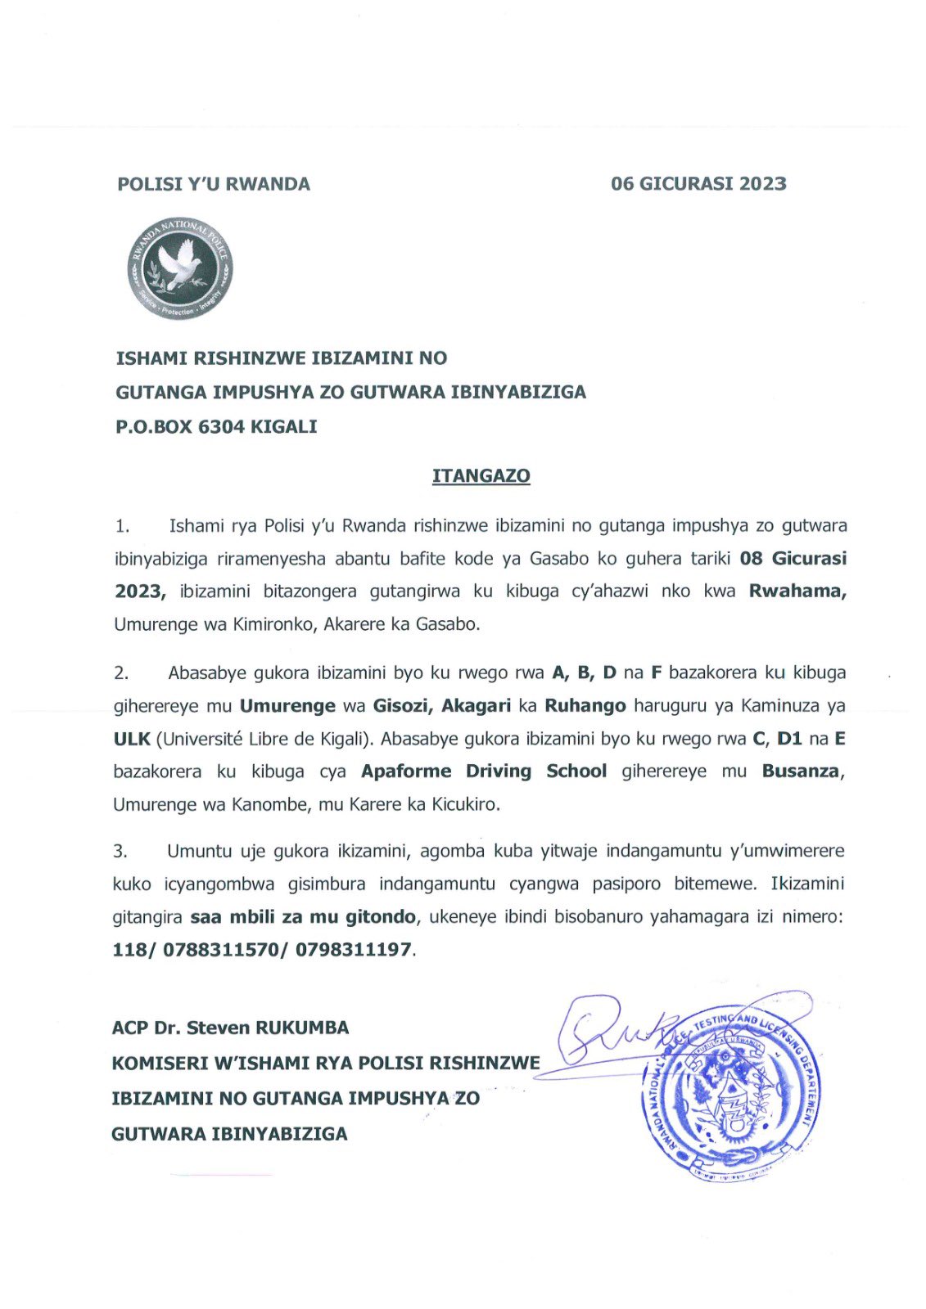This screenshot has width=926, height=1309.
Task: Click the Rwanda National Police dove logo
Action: coord(180,268)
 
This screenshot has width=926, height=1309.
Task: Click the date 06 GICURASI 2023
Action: coord(698,183)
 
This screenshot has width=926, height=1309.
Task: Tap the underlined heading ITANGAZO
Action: coord(481,476)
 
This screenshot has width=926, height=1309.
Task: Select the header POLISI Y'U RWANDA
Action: coord(214,184)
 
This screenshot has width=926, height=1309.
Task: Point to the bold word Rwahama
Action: coord(797,592)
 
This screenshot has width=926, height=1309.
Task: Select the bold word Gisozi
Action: coord(402,705)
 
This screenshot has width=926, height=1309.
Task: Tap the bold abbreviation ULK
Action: coord(132,739)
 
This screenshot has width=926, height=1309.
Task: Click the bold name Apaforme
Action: coord(406,771)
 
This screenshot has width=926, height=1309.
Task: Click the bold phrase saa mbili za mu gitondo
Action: coord(303,917)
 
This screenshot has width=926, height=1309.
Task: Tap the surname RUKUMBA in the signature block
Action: coord(302,1028)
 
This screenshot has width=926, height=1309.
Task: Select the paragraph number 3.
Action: coord(120,852)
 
